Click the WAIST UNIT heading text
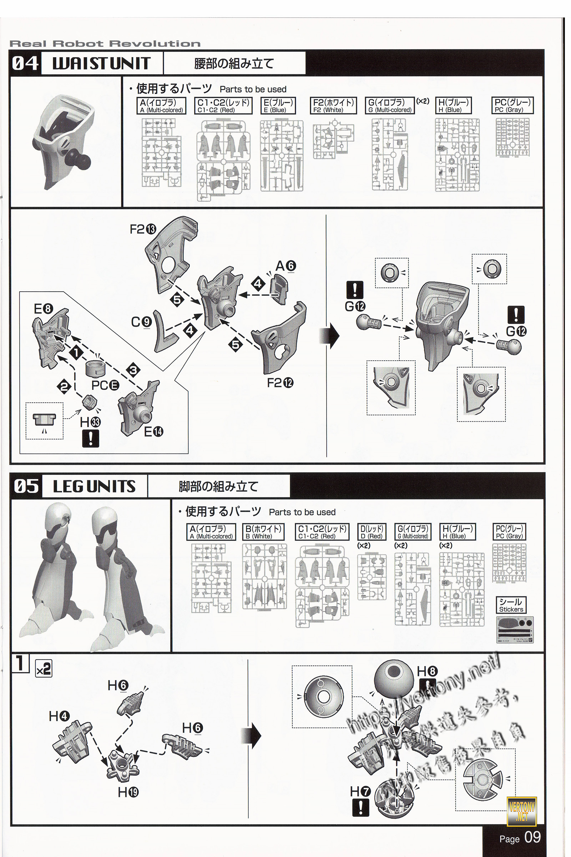pyautogui.click(x=101, y=64)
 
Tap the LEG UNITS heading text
pyautogui.click(x=94, y=486)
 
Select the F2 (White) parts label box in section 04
pyautogui.click(x=333, y=105)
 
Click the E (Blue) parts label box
pyautogui.click(x=278, y=105)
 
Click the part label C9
pyautogui.click(x=141, y=322)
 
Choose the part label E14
pyautogui.click(x=153, y=432)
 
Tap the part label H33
pyautogui.click(x=90, y=422)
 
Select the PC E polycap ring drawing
pyautogui.click(x=95, y=369)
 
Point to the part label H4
pyautogui.click(x=59, y=716)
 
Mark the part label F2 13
pyautogui.click(x=143, y=229)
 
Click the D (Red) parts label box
pyautogui.click(x=372, y=532)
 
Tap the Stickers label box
pyautogui.click(x=511, y=605)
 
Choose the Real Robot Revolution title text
pyautogui.click(x=105, y=44)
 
